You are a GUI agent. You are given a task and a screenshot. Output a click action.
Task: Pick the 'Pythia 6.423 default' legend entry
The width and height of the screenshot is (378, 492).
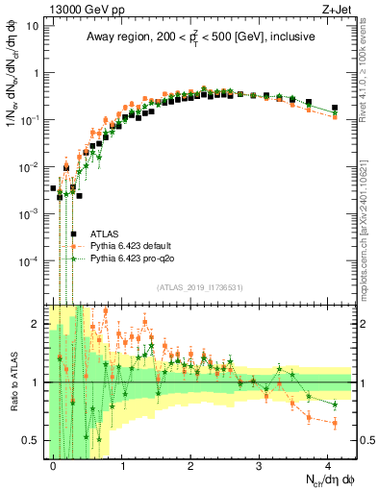[x=132, y=246]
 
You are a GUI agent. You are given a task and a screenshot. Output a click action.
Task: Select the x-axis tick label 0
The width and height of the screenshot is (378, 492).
[x=54, y=464]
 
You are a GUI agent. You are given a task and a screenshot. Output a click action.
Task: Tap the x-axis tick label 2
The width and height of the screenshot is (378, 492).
[x=191, y=464]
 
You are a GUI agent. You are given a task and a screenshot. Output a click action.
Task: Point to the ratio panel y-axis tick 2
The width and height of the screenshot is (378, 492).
[x=39, y=322]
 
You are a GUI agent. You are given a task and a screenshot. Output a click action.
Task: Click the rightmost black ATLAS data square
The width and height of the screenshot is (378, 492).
[x=335, y=108]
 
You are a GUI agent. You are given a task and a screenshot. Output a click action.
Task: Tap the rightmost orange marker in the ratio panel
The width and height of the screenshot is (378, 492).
[x=335, y=423]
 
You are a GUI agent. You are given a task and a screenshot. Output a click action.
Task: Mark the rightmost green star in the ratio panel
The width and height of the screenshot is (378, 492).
[x=335, y=404]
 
